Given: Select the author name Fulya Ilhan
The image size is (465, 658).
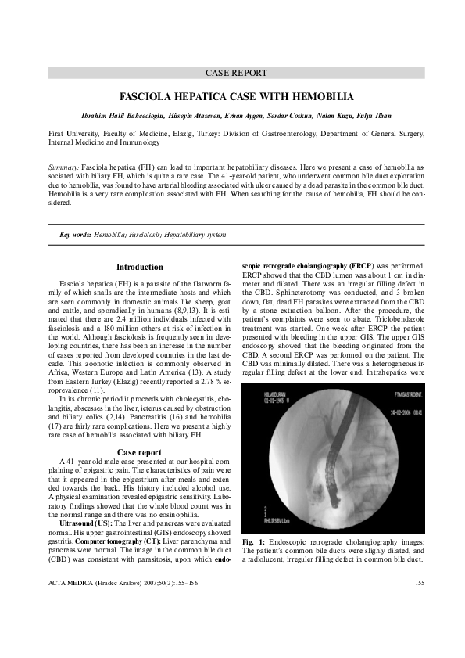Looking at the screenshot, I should pos(376,117).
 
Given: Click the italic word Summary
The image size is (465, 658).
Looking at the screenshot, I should pos(63,168).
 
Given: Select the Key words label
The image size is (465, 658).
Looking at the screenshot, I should pos(75,234).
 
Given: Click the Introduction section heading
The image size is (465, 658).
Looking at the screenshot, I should pos(140,267).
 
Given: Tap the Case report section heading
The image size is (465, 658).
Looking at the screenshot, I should pos(139,452).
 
